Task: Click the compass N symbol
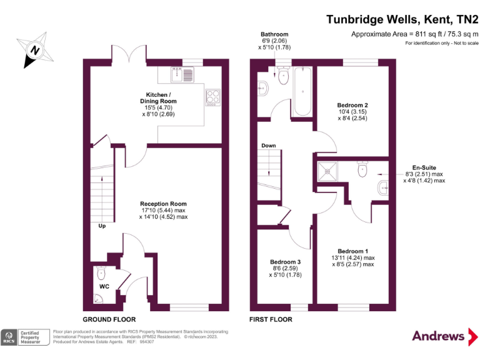click(35, 50)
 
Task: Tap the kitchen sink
click(182, 74)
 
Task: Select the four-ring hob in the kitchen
click(212, 97)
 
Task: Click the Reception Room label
click(163, 204)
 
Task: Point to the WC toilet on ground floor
click(101, 272)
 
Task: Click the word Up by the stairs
click(102, 226)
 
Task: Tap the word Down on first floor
click(269, 146)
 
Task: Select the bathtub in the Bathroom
click(302, 91)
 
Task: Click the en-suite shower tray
click(327, 172)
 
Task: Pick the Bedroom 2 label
click(352, 105)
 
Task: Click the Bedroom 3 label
click(285, 262)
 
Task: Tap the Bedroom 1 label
click(353, 251)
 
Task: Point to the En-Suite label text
click(424, 167)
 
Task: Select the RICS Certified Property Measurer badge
click(25, 337)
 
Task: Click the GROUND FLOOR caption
click(109, 319)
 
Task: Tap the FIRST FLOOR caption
click(271, 319)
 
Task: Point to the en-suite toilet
click(362, 169)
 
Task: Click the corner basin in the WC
click(97, 299)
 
